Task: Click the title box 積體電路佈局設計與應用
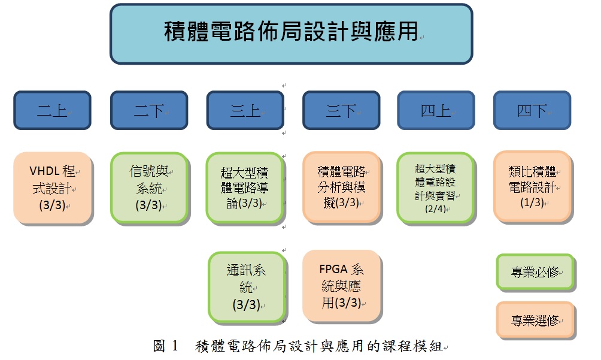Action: [x=292, y=34]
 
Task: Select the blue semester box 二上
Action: [x=53, y=110]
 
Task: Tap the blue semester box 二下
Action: [x=149, y=110]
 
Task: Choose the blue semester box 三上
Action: [x=245, y=110]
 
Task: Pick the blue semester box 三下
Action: [x=341, y=110]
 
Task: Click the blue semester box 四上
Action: [x=436, y=110]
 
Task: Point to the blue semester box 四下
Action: [x=532, y=110]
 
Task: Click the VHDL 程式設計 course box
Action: [x=53, y=188]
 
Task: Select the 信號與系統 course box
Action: [x=150, y=188]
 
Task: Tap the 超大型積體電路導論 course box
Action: [x=245, y=188]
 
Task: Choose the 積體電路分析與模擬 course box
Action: [x=342, y=187]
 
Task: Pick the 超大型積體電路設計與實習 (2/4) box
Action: [x=436, y=188]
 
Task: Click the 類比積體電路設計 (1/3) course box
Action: [x=533, y=187]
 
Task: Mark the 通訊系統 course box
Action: [x=248, y=287]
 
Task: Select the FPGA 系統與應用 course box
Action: [x=342, y=286]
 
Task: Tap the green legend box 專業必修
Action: [x=536, y=272]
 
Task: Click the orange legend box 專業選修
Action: [x=536, y=320]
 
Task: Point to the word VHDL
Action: [x=44, y=171]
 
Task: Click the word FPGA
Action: [x=333, y=270]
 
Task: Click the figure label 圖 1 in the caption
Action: [x=166, y=346]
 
